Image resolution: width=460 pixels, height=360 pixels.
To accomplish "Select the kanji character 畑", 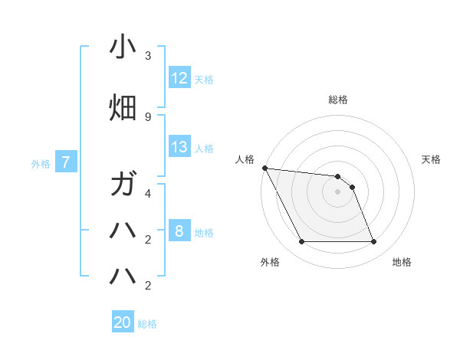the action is pyautogui.click(x=123, y=108).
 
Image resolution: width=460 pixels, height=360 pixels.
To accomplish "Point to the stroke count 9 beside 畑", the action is pyautogui.click(x=148, y=116).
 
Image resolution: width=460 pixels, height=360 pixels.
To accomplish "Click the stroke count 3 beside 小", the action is pyautogui.click(x=148, y=56).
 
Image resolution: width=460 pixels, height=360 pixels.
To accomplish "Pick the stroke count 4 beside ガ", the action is pyautogui.click(x=148, y=193).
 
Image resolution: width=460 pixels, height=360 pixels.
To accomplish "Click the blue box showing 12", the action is pyautogui.click(x=179, y=78).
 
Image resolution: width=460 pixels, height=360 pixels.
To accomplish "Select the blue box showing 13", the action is pyautogui.click(x=179, y=147).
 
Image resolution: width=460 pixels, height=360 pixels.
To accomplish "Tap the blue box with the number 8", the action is pyautogui.click(x=179, y=231).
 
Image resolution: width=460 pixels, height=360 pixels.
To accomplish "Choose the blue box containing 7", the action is pyautogui.click(x=66, y=162).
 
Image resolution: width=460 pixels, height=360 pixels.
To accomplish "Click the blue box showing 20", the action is pyautogui.click(x=123, y=322).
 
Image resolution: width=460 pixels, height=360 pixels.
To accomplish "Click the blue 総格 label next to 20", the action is pyautogui.click(x=148, y=324).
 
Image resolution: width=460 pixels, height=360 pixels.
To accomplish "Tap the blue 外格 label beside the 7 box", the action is pyautogui.click(x=41, y=163).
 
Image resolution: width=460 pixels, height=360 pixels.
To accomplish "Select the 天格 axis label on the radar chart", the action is pyautogui.click(x=432, y=159).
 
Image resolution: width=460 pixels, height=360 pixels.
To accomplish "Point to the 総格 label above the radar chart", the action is pyautogui.click(x=338, y=100).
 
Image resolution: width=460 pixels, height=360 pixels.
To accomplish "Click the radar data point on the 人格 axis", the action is pyautogui.click(x=265, y=168).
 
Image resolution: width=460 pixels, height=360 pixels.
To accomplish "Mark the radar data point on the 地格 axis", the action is pyautogui.click(x=374, y=242).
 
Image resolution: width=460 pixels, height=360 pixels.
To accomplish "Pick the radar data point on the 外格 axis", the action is pyautogui.click(x=301, y=242).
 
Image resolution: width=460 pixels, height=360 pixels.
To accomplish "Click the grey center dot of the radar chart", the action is pyautogui.click(x=338, y=191).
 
